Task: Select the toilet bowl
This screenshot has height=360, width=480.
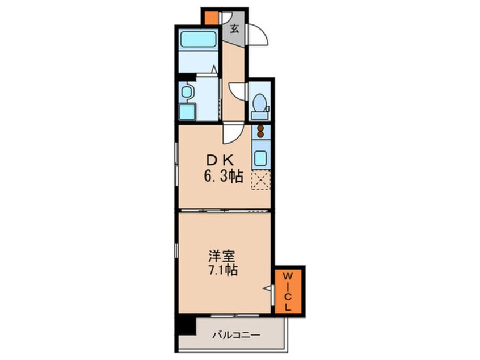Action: click(260, 104)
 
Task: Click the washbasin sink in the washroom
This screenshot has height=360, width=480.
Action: click(187, 91)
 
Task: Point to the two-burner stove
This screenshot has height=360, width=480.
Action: click(260, 131)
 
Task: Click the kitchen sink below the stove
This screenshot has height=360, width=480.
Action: click(260, 157)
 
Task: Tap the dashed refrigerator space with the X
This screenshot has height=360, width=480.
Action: click(260, 179)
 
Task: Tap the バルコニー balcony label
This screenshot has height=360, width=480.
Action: click(237, 335)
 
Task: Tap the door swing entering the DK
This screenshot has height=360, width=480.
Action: click(233, 135)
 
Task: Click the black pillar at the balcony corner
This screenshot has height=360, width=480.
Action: click(184, 325)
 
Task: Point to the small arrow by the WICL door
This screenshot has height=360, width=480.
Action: click(266, 288)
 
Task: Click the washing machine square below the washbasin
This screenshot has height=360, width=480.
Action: click(187, 111)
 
